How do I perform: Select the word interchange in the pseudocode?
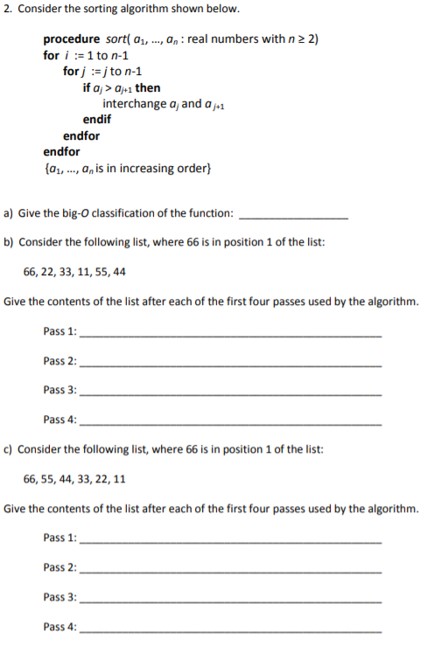click(134, 104)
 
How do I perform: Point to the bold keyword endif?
click(97, 120)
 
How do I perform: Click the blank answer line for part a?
click(293, 216)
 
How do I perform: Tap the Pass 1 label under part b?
click(59, 331)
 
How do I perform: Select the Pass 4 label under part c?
click(59, 627)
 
